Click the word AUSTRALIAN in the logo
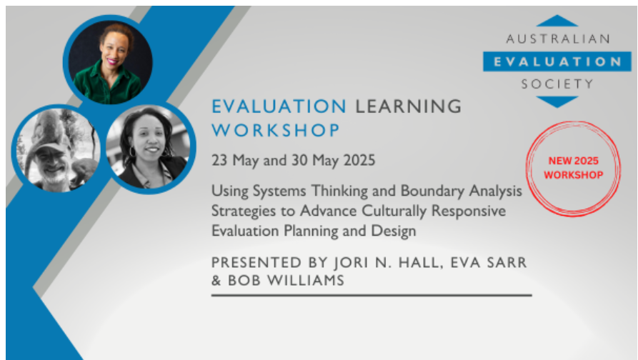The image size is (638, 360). click(x=558, y=39)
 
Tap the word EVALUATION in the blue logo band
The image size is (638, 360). click(x=557, y=62)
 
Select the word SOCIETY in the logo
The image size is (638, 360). click(x=557, y=84)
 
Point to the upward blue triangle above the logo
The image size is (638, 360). click(x=557, y=21)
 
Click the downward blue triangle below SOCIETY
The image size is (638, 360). click(x=557, y=101)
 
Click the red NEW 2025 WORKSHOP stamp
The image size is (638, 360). click(x=573, y=168)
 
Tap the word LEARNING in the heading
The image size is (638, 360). click(x=409, y=106)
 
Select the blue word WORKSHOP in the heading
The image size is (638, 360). click(x=276, y=130)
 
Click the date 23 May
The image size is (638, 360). click(x=235, y=160)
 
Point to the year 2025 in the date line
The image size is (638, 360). click(x=359, y=160)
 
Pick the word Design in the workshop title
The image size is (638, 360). click(x=394, y=231)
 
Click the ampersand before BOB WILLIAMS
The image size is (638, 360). click(x=216, y=281)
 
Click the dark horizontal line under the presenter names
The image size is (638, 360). click(x=372, y=296)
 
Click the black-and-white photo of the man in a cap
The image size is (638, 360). click(x=57, y=150)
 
